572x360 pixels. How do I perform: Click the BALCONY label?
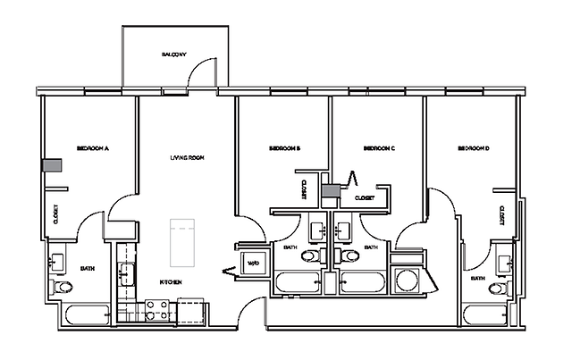[173, 55]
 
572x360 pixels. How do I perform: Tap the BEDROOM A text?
[92, 148]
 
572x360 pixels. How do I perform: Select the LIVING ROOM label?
[188, 157]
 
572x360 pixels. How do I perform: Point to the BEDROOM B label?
[283, 148]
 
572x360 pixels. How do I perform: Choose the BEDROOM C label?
[379, 148]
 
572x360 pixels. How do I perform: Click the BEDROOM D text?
[474, 148]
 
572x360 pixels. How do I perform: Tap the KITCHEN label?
[171, 281]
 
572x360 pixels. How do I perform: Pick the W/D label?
[253, 263]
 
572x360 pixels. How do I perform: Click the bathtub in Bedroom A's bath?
[85, 314]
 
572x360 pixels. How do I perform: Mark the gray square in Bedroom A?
[55, 165]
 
